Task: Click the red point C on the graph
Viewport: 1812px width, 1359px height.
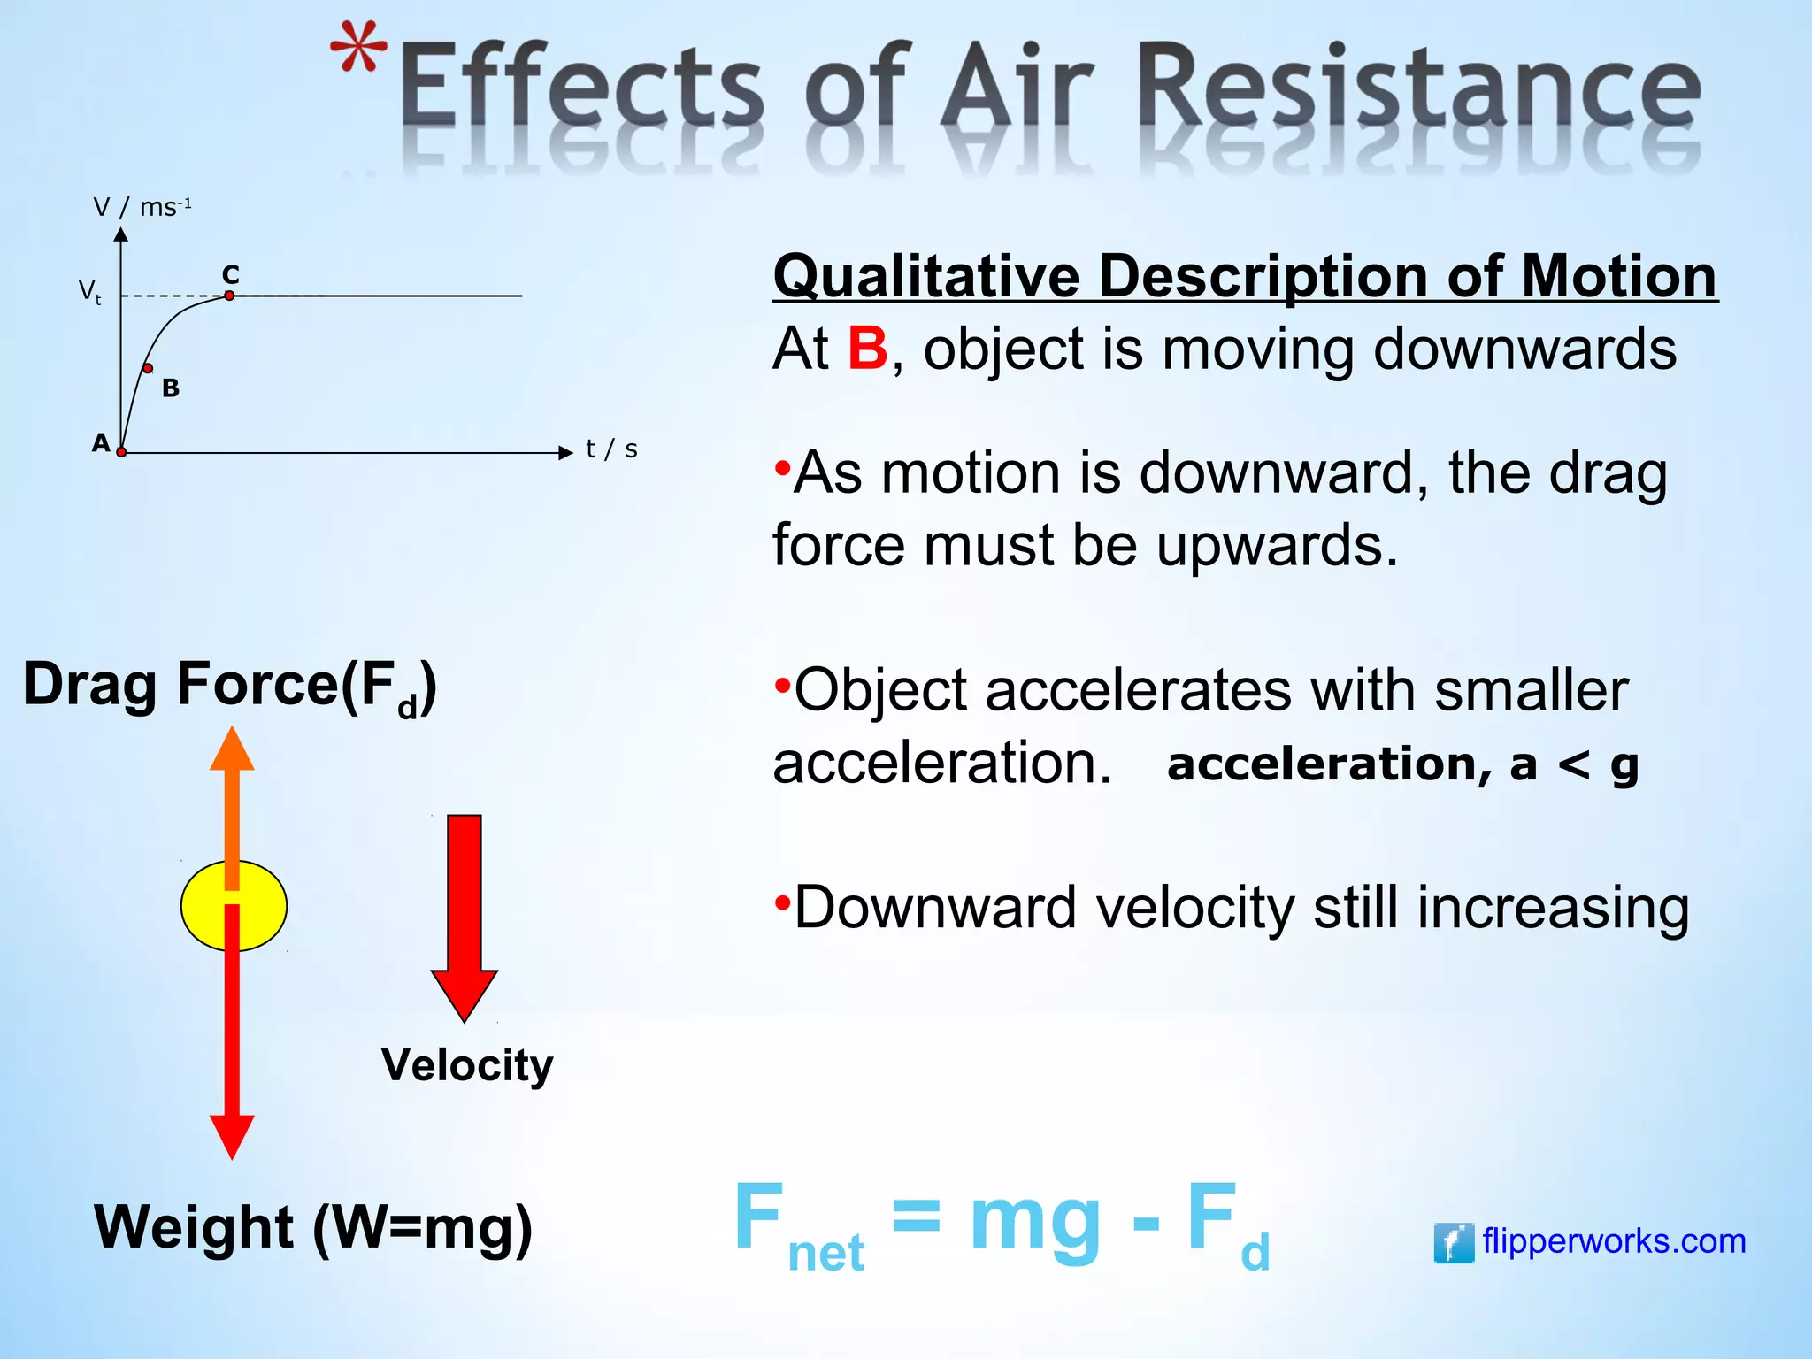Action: click(x=229, y=296)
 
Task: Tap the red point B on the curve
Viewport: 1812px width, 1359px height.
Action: click(x=148, y=368)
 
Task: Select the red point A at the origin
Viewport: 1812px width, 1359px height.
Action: click(x=121, y=452)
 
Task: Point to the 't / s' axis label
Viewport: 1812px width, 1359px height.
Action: click(x=611, y=449)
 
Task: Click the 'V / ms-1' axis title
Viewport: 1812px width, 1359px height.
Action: click(x=142, y=208)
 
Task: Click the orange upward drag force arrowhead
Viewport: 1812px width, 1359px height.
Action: click(x=232, y=750)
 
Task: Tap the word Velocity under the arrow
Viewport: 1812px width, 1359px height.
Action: click(x=467, y=1064)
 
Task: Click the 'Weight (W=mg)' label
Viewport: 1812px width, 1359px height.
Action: click(x=313, y=1227)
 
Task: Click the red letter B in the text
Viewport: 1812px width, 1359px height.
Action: click(x=867, y=349)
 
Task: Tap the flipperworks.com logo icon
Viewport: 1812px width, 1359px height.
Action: click(x=1453, y=1242)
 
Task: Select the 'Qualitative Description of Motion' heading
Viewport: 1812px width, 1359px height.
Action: click(x=1245, y=276)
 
